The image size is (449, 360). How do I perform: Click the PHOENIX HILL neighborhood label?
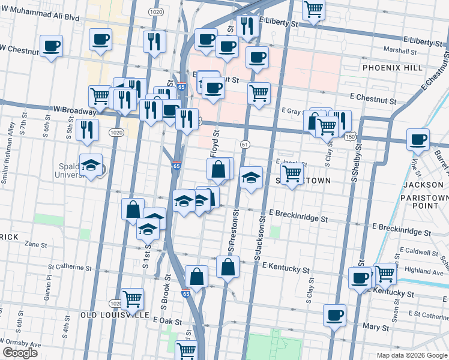[395, 68]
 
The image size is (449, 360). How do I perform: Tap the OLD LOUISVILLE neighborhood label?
[115, 314]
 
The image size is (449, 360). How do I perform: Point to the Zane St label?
[36, 244]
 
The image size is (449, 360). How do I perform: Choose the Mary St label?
[376, 328]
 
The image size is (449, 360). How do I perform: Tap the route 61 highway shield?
[245, 145]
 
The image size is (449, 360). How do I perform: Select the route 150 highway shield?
[350, 137]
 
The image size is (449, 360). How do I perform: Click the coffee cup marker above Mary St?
[334, 314]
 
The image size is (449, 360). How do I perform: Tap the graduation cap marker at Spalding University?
[91, 166]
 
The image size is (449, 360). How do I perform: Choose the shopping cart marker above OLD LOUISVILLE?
[132, 298]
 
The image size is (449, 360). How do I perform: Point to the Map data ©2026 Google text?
[411, 355]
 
